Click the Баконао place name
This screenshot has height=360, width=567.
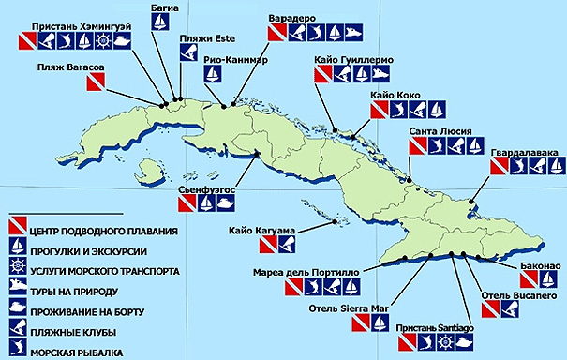[x=539, y=267]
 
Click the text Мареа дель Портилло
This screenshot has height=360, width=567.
[x=302, y=274]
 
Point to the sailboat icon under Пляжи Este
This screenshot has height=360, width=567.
[x=187, y=52]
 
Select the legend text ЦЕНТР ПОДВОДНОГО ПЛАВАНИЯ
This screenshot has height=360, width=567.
[x=105, y=229]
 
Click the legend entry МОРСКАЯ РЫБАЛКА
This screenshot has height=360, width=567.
[x=78, y=352]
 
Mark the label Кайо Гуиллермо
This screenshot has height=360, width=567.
[x=353, y=60]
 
